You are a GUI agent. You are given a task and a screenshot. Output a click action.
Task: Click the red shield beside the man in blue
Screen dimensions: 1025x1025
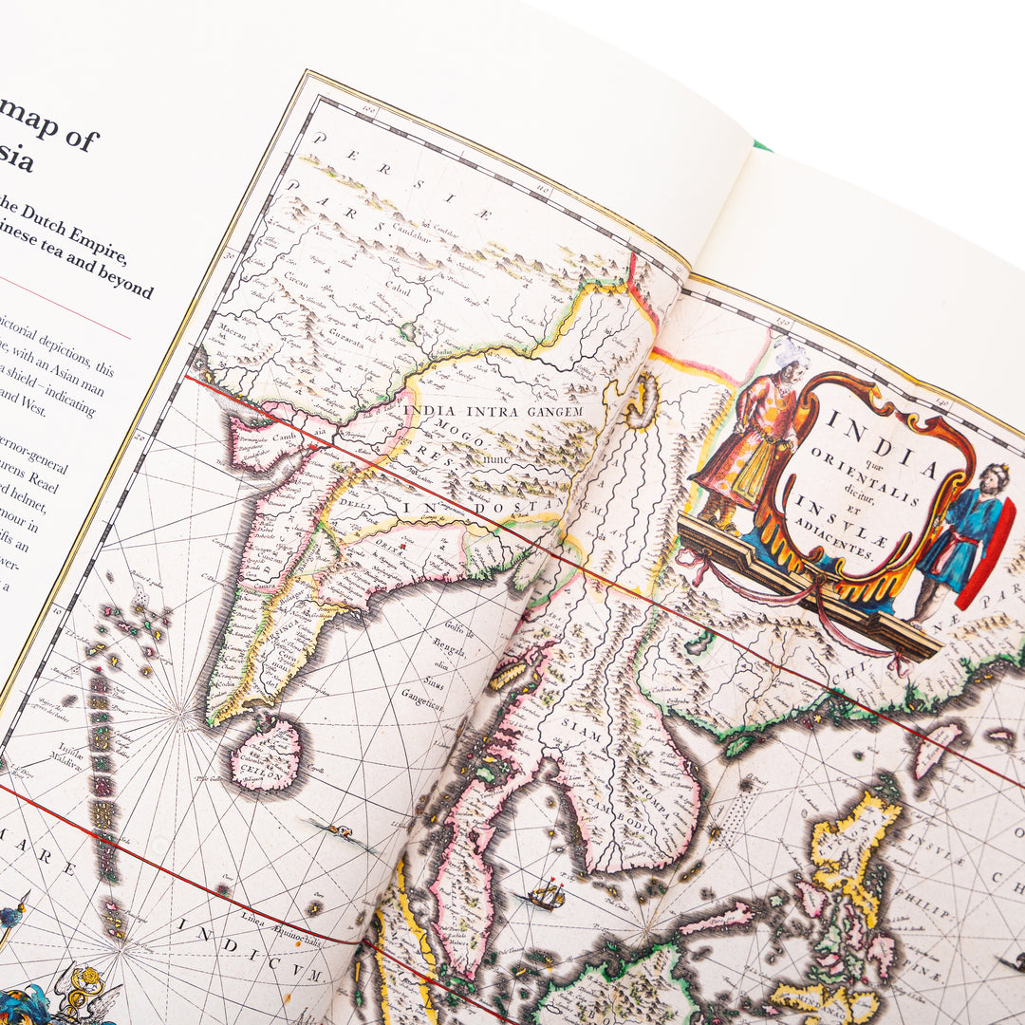click(x=988, y=555)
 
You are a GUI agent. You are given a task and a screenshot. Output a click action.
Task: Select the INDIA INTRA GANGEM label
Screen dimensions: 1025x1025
click(x=494, y=410)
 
